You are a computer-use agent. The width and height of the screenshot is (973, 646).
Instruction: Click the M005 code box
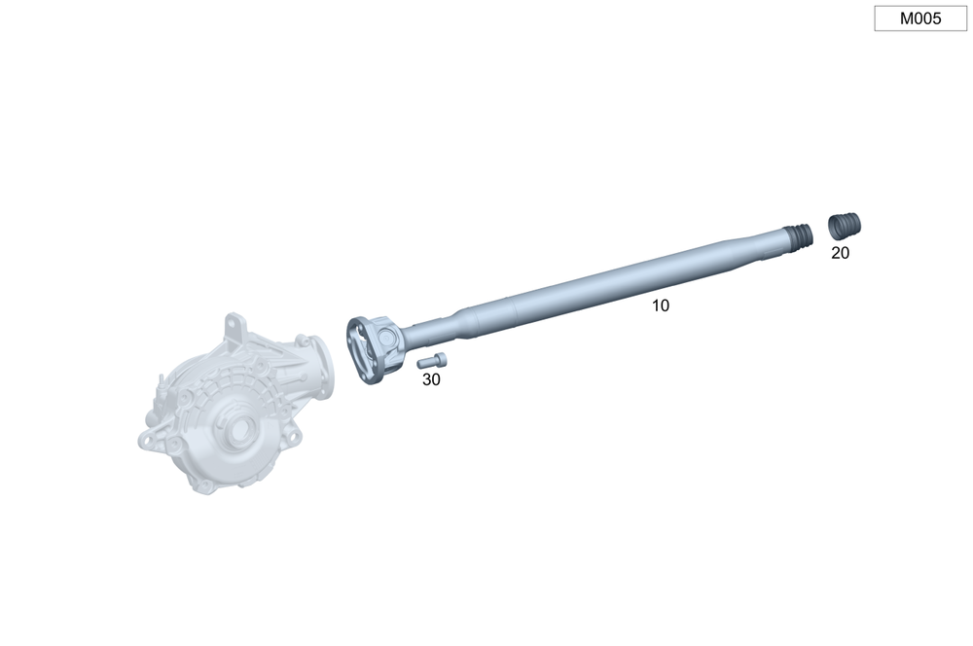tap(920, 18)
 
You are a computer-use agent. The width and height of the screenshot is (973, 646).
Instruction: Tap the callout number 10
tap(661, 305)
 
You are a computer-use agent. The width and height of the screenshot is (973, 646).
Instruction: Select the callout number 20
tap(841, 253)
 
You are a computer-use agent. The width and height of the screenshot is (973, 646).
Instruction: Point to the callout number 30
tap(431, 379)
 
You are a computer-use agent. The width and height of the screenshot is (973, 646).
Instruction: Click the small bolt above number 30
tap(432, 360)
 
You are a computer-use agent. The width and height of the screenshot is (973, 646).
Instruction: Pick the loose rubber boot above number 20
tap(845, 226)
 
